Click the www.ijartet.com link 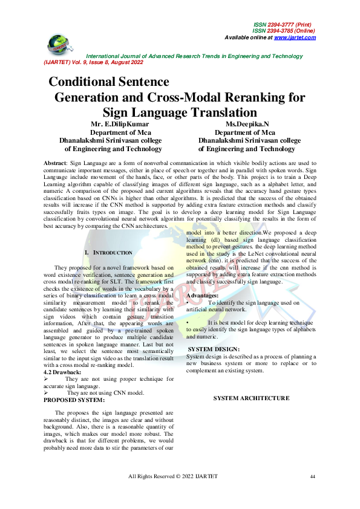click(295, 37)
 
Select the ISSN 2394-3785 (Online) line click(284, 31)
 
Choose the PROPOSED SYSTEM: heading click(74, 400)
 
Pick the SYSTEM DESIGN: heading click(214, 349)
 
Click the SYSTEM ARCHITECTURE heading click(251, 398)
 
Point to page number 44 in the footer click(312, 477)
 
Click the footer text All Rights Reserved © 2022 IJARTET click(173, 477)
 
